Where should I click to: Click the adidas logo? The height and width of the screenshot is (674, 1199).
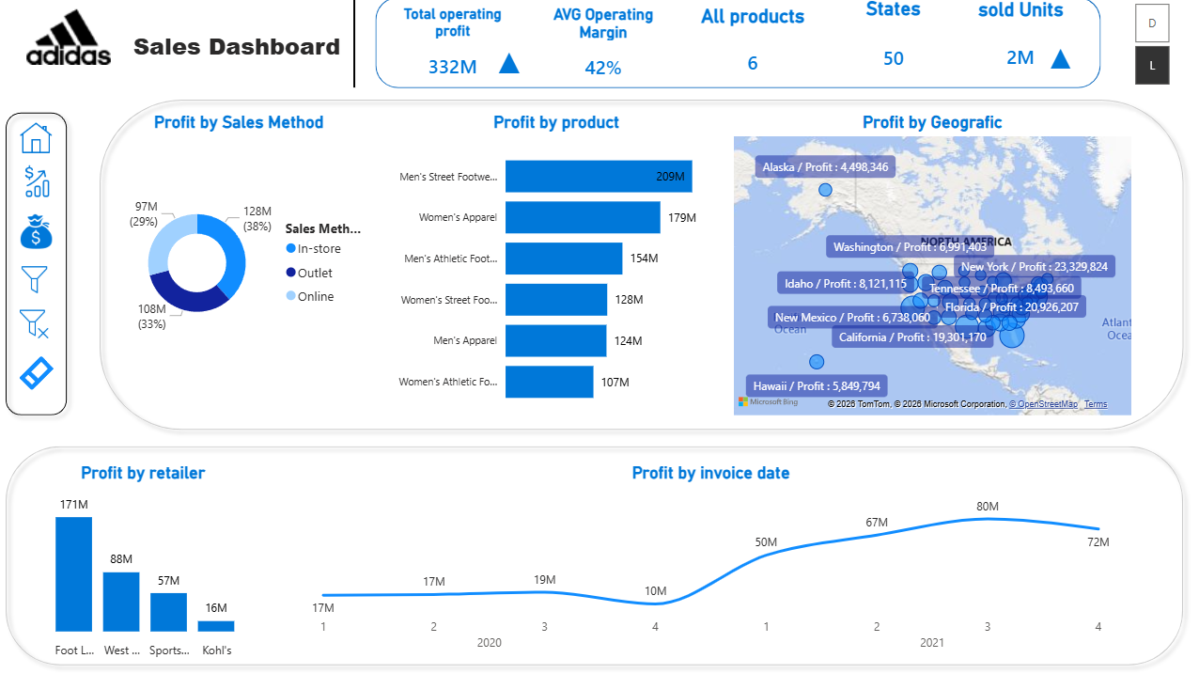click(69, 39)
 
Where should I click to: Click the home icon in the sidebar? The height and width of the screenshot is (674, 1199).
click(36, 138)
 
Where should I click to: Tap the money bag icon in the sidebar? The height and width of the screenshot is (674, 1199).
click(36, 231)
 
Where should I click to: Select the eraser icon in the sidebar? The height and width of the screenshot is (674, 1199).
click(37, 373)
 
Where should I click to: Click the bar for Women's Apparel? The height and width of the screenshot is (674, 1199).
click(583, 217)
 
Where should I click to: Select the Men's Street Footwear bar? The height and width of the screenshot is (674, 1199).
click(599, 176)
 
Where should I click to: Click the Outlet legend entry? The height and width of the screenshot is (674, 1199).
click(315, 273)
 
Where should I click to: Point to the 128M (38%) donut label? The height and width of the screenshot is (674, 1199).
click(257, 219)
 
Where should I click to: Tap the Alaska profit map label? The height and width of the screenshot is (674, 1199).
click(825, 167)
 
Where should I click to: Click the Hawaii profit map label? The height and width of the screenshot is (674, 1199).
click(817, 385)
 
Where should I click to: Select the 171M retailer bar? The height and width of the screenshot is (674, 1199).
click(73, 573)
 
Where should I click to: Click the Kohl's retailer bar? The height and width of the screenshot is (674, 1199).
click(216, 625)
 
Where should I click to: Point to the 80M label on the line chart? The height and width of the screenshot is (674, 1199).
click(987, 507)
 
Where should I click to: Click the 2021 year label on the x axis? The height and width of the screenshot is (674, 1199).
click(931, 643)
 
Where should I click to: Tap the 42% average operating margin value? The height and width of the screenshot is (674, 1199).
click(602, 68)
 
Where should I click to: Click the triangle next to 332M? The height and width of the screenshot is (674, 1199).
click(509, 64)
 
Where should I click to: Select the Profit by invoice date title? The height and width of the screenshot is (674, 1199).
click(710, 473)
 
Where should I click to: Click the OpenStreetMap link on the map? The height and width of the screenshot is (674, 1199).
click(1044, 404)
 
